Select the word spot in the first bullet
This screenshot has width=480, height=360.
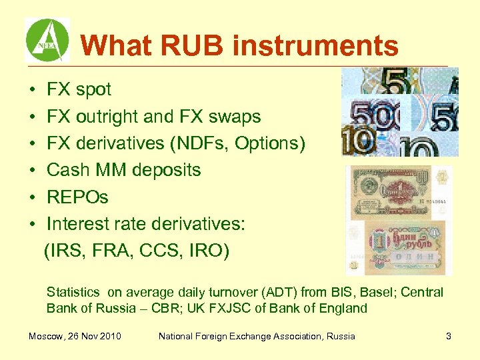(93, 89)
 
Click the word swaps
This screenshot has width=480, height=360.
(235, 117)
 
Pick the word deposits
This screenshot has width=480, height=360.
(171, 170)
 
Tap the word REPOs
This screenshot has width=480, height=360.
(77, 197)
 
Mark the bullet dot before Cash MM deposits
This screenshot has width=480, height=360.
(32, 171)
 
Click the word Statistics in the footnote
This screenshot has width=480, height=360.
(72, 292)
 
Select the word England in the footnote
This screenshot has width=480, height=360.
(342, 308)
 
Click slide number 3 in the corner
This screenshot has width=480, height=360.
(449, 336)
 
